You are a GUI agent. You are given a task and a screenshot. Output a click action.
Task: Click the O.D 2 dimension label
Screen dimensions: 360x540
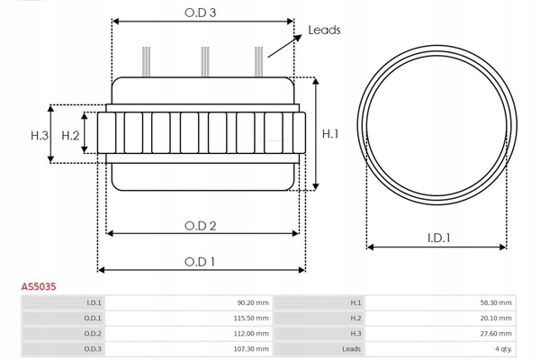pyautogui.click(x=201, y=226)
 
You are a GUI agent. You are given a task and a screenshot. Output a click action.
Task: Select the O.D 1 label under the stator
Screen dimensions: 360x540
pyautogui.click(x=201, y=262)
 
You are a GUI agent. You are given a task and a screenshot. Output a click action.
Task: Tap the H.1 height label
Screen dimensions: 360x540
pyautogui.click(x=330, y=134)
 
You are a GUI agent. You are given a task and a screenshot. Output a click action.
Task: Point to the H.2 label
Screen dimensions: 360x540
pyautogui.click(x=71, y=135)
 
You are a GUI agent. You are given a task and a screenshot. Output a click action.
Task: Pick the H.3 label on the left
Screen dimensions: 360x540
pyautogui.click(x=39, y=135)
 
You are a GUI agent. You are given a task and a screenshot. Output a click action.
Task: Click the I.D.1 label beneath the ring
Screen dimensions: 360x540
pyautogui.click(x=439, y=238)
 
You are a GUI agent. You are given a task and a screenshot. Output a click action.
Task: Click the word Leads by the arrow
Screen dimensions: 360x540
pyautogui.click(x=324, y=30)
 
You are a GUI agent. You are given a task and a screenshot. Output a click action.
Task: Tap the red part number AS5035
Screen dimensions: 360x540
pyautogui.click(x=39, y=286)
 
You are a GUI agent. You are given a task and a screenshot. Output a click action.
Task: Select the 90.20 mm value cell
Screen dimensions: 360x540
pyautogui.click(x=252, y=303)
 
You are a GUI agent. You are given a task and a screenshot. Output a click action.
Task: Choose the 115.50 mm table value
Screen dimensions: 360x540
pyautogui.click(x=251, y=319)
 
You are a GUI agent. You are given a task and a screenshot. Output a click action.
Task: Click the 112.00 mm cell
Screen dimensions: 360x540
pyautogui.click(x=251, y=334)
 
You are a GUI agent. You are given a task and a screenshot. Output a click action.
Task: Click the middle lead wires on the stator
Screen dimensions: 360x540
pyautogui.click(x=205, y=64)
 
